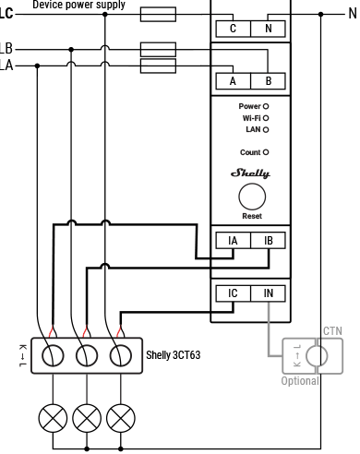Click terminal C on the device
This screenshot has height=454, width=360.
point(233,29)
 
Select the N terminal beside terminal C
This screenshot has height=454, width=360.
point(269,29)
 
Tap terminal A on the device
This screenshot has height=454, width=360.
point(233,81)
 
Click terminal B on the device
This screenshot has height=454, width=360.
point(269,81)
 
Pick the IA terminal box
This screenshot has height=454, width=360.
point(233,241)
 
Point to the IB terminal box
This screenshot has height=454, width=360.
point(269,241)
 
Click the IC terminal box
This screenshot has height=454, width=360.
point(233,293)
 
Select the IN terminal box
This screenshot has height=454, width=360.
point(269,293)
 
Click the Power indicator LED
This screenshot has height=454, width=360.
point(266,107)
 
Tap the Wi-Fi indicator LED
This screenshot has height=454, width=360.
point(266,118)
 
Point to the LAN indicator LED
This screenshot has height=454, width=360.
point(266,129)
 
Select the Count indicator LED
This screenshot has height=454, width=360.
point(266,151)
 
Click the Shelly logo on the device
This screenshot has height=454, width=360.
point(251,173)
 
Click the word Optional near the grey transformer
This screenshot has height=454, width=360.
point(301,380)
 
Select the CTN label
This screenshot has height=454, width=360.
point(332,330)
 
